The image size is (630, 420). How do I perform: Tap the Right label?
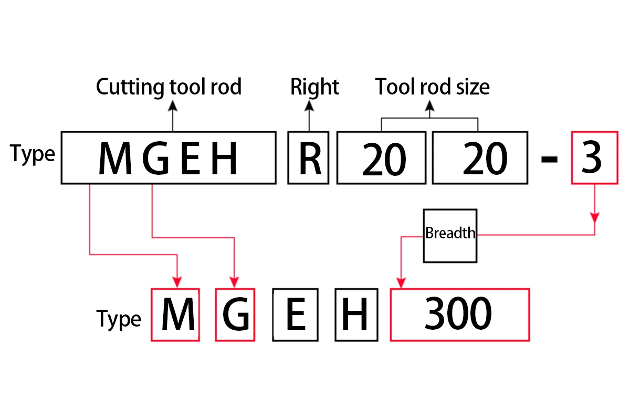314,87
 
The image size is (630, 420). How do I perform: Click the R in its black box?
309,158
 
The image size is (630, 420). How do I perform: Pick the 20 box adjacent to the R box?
381,158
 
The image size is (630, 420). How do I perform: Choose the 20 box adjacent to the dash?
480,158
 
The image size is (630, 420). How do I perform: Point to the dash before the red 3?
550,160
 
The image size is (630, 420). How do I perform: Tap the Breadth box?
450,235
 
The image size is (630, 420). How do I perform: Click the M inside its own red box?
175,314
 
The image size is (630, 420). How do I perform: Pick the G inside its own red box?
235,314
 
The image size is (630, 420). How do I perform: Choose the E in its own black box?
296,314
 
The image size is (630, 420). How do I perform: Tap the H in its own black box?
356,314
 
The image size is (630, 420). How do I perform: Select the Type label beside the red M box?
119,319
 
